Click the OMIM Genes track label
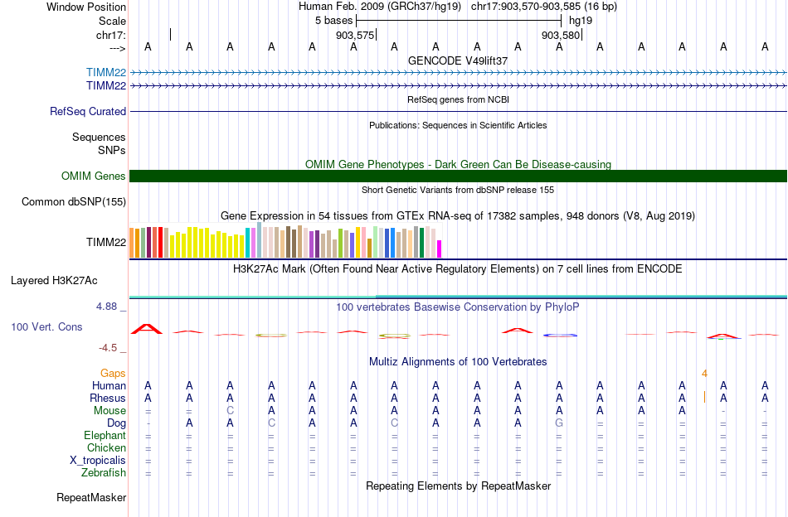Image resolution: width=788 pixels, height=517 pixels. point(94,176)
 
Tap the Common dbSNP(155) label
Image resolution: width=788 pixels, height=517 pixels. point(74,201)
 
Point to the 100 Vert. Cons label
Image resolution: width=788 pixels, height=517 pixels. point(46,327)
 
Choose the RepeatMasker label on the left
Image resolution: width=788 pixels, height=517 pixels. point(91,498)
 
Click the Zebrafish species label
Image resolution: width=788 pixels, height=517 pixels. point(104,473)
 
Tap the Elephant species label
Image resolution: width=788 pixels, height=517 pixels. point(105,436)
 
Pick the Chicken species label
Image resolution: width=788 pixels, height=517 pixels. point(106,448)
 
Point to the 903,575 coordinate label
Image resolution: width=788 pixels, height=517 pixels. point(354,36)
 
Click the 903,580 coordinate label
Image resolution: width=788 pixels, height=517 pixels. point(560,36)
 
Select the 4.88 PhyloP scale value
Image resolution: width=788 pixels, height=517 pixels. point(109,307)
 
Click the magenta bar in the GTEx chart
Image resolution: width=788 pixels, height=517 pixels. point(440,249)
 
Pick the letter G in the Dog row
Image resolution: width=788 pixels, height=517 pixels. point(559,423)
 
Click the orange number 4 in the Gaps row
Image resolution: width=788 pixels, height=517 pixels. point(704,374)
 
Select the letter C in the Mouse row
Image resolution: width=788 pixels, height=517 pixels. point(230,411)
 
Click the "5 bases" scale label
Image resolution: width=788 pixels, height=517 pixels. point(333,19)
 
